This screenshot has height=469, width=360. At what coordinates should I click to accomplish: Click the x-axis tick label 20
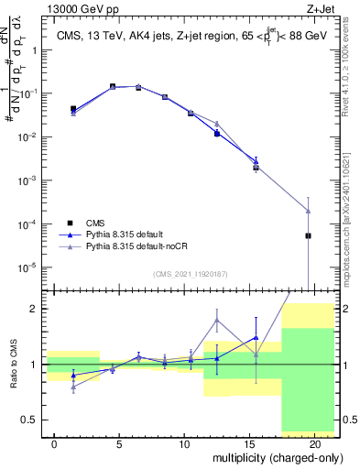tap(314, 443)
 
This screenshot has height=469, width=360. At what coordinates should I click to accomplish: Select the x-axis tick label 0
tap(55, 443)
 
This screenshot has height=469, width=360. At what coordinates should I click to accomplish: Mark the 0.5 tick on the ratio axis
tap(30, 420)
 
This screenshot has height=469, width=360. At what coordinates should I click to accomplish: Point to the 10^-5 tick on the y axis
tap(27, 267)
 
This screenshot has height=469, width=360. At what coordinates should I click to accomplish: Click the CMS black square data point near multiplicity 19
tap(308, 235)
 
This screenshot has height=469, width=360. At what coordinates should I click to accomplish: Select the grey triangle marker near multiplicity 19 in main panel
tap(308, 211)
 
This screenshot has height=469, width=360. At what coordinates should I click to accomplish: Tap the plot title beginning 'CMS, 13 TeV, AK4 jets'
tap(189, 36)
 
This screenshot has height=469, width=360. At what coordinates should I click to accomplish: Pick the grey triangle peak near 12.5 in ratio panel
tap(217, 320)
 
